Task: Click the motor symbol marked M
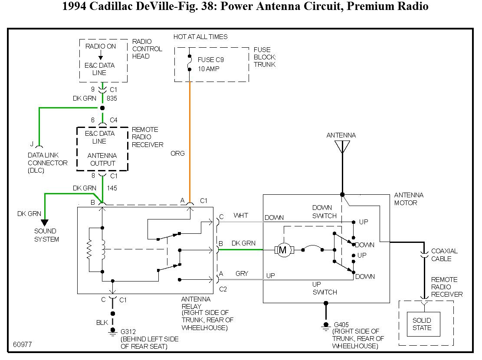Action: [x=283, y=250]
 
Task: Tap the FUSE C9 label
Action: [x=210, y=60]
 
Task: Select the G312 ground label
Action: [x=128, y=332]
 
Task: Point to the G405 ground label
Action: [x=341, y=324]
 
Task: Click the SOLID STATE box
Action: [x=423, y=324]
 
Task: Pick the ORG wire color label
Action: [x=178, y=154]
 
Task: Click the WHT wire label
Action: [x=240, y=216]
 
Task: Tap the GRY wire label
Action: [x=242, y=274]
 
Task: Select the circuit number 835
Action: [x=112, y=98]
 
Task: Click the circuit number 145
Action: [x=112, y=188]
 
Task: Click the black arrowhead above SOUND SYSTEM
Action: [x=45, y=223]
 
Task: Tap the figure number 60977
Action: [x=23, y=345]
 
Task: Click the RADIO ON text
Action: [x=101, y=46]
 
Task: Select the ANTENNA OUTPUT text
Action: [x=102, y=160]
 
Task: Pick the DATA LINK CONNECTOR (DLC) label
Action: [x=48, y=163]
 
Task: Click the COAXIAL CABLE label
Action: [x=444, y=255]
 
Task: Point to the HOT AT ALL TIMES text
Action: [x=200, y=37]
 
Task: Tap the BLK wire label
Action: [x=102, y=323]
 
